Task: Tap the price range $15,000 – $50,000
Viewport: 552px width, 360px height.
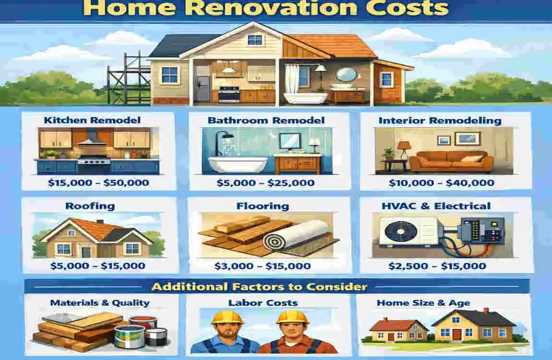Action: click(99, 182)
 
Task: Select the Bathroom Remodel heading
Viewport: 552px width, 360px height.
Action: click(266, 120)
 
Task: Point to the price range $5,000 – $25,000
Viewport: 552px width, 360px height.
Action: click(265, 182)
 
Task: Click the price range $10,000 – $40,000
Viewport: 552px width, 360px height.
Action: click(441, 182)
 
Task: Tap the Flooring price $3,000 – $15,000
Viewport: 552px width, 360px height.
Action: click(262, 266)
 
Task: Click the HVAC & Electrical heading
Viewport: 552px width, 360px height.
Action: click(436, 206)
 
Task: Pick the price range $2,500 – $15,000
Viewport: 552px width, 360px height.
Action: click(437, 266)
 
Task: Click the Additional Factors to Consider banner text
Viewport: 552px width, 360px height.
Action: click(259, 287)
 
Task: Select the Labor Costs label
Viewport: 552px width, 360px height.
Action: click(263, 303)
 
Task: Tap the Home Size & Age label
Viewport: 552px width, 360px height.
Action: click(423, 303)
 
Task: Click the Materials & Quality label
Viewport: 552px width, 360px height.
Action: click(100, 303)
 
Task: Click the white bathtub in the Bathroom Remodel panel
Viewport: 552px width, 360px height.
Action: click(235, 163)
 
